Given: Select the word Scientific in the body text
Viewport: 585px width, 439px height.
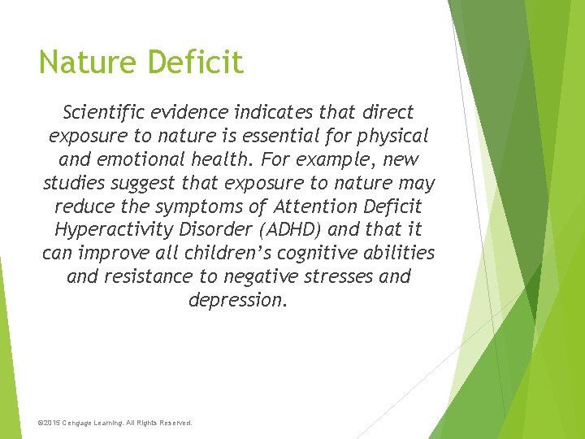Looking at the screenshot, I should click(x=106, y=112).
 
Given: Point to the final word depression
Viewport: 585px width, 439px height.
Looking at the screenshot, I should click(x=238, y=300).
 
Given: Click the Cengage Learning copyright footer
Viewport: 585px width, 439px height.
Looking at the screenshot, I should click(x=115, y=423).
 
